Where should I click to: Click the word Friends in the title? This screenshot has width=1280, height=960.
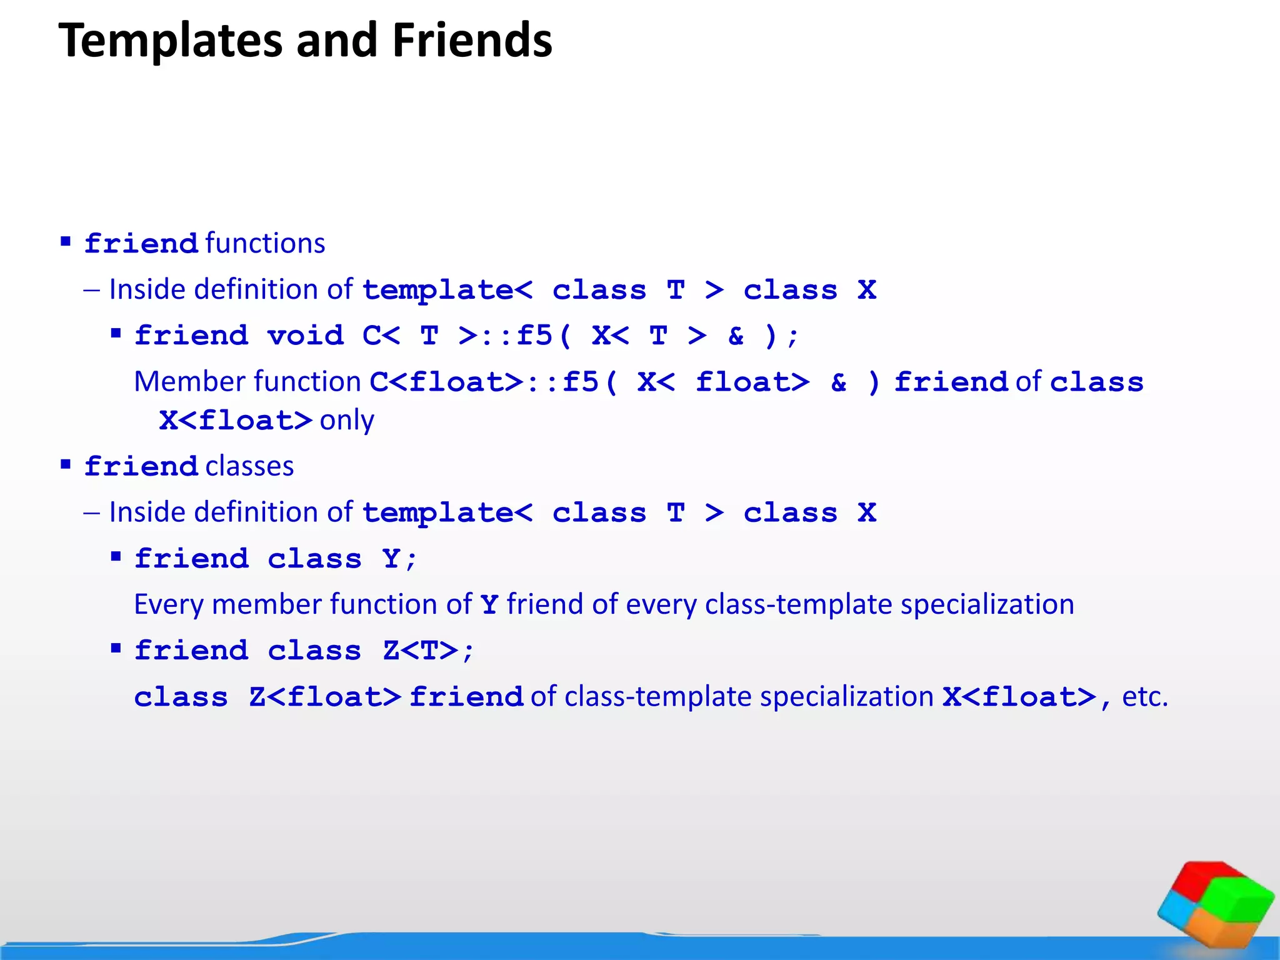coord(472,40)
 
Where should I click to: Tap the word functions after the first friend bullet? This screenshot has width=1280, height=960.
coord(265,243)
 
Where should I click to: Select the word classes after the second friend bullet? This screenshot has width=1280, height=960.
coord(249,466)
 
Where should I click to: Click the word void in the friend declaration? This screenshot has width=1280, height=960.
coord(306,336)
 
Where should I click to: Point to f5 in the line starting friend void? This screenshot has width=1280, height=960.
coord(534,335)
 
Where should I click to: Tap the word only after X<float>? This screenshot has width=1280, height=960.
coord(347,420)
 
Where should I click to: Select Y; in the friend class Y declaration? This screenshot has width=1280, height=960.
coord(399,559)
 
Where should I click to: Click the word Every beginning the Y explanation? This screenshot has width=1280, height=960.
coord(168,604)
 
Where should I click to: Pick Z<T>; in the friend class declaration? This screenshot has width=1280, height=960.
coord(429,651)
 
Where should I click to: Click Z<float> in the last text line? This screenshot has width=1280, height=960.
coord(324,697)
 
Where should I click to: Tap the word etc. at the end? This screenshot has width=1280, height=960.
coord(1144,696)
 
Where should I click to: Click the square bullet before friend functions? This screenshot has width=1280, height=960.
coord(66,241)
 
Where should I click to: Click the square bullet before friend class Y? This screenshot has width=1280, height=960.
coord(116,556)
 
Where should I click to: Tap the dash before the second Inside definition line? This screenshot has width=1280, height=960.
coord(91,512)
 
